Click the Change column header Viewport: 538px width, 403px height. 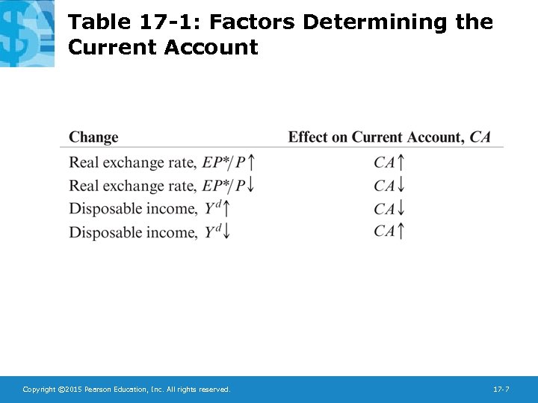[93, 137]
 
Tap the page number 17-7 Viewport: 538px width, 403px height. [501, 390]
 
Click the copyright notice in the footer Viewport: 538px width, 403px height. [126, 390]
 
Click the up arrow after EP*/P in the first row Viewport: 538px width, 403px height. [252, 162]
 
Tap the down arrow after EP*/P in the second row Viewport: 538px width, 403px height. [252, 186]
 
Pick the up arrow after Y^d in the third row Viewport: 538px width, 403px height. [226, 209]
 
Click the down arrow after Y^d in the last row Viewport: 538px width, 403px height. [226, 232]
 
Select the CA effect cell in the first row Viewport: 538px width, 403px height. [389, 162]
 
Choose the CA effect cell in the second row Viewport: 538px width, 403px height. [389, 186]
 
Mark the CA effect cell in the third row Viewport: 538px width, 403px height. [389, 209]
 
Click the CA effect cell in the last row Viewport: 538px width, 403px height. [389, 231]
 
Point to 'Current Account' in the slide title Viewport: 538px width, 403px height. [163, 48]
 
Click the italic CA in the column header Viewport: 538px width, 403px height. [480, 137]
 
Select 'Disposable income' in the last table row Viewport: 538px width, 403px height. [133, 232]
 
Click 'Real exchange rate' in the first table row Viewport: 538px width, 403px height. [133, 163]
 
